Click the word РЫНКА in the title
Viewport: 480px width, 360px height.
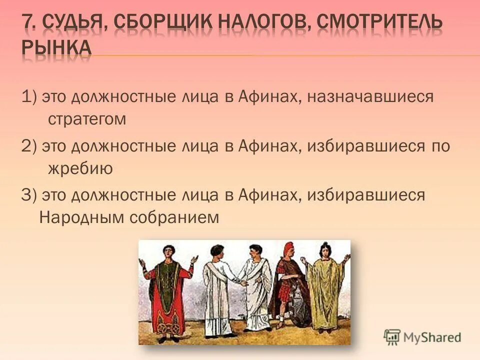[x=56, y=48]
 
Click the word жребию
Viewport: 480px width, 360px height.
[x=80, y=169]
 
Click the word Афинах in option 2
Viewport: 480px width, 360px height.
[x=268, y=145]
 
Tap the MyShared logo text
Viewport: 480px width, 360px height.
[x=431, y=337]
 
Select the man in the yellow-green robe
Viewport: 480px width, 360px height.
[x=325, y=290]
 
